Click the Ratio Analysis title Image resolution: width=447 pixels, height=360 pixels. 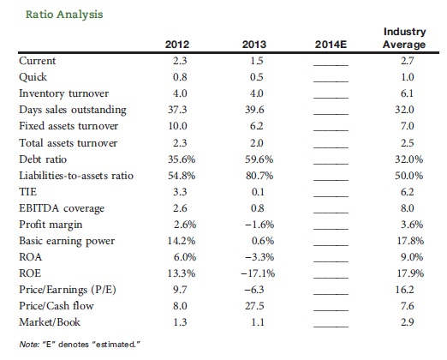[x=64, y=15]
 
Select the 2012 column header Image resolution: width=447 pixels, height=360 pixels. [x=177, y=45]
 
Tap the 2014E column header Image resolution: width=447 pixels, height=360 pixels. [x=331, y=45]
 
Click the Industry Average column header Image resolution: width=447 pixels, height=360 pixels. [x=404, y=38]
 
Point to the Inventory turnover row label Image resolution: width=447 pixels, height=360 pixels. [x=64, y=93]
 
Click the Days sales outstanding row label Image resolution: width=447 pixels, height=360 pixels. [x=73, y=110]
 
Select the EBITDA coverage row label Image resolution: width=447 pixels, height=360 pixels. [x=62, y=208]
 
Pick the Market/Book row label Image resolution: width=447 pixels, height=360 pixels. [x=50, y=322]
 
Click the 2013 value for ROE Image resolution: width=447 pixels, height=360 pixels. [x=258, y=273]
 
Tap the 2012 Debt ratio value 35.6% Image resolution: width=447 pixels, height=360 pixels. [x=182, y=159]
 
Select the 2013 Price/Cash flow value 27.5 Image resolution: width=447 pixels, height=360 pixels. [x=254, y=306]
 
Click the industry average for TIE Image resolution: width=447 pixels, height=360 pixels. [x=407, y=192]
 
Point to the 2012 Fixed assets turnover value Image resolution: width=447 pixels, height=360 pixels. [x=177, y=126]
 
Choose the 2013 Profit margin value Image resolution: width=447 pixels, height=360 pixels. [x=259, y=225]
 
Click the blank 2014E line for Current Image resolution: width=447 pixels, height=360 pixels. [x=331, y=65]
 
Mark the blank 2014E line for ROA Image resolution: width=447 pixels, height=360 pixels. [x=331, y=261]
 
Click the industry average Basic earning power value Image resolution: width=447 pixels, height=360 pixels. [x=410, y=241]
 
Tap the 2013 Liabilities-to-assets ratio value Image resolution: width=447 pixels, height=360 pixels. [x=259, y=176]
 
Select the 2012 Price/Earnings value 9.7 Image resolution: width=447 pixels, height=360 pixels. [x=180, y=290]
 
